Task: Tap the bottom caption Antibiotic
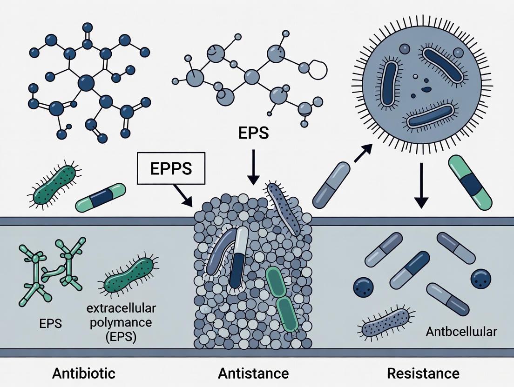coord(84,373)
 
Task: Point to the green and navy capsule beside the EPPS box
coord(101,197)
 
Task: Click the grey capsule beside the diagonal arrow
coord(331,184)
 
